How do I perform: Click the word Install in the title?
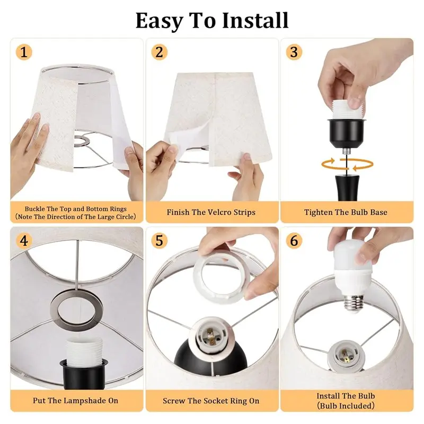click(255, 21)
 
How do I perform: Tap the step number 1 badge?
click(24, 52)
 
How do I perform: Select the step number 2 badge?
click(160, 52)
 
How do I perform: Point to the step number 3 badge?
click(294, 52)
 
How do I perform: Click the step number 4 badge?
click(24, 241)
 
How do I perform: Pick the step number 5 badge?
click(160, 241)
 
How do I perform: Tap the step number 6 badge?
click(294, 241)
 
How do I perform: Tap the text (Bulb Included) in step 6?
click(346, 405)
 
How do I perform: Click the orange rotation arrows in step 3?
click(347, 164)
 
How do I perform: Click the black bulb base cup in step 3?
click(347, 132)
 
